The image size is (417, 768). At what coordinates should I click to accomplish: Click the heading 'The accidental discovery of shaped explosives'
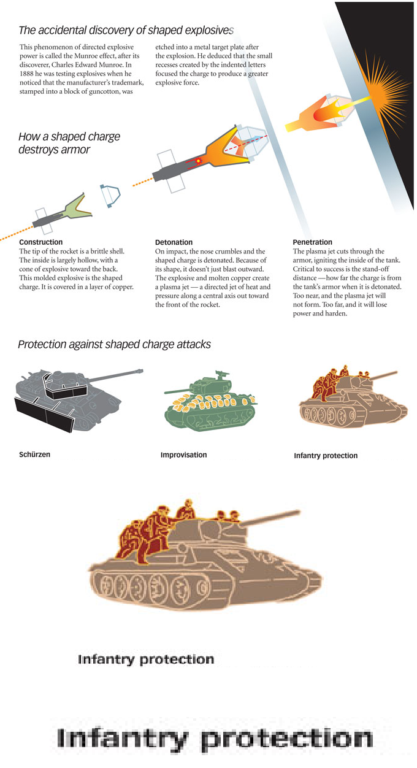click(126, 30)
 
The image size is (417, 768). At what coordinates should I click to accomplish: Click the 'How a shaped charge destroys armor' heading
click(69, 143)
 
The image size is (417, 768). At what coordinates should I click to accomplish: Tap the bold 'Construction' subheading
click(40, 242)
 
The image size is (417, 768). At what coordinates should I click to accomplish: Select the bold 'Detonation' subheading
click(174, 242)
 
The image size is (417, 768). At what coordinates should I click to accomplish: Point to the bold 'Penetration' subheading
click(313, 242)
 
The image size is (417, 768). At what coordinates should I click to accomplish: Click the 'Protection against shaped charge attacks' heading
click(114, 344)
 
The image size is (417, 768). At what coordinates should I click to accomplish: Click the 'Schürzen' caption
click(34, 455)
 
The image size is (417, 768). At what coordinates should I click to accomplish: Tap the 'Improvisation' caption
click(183, 455)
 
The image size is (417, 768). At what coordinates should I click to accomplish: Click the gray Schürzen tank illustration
click(78, 400)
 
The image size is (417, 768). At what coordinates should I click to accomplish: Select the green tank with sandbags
click(210, 401)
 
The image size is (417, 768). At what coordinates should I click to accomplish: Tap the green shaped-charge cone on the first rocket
click(77, 207)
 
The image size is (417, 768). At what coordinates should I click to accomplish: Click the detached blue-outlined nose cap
click(110, 196)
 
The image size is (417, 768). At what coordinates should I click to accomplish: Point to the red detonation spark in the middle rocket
click(198, 161)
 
